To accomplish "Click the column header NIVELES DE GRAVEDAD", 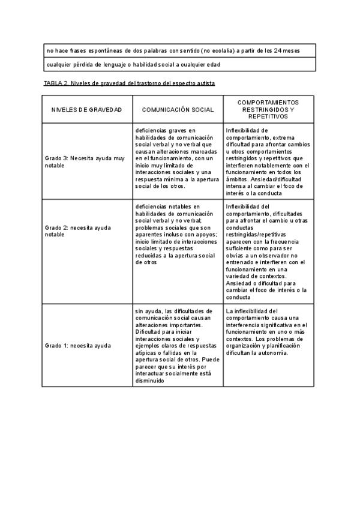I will (x=86, y=110).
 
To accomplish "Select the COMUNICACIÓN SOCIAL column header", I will (x=178, y=110).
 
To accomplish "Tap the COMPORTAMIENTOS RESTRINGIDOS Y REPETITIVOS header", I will (x=268, y=110).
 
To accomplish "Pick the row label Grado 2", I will (x=78, y=232).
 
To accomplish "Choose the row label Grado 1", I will (x=78, y=346).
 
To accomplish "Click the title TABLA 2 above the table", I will (x=129, y=83).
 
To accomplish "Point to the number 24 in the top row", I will (x=280, y=50).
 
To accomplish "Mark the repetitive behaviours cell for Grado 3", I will (x=268, y=161).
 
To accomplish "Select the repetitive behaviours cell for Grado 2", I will (x=268, y=252).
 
